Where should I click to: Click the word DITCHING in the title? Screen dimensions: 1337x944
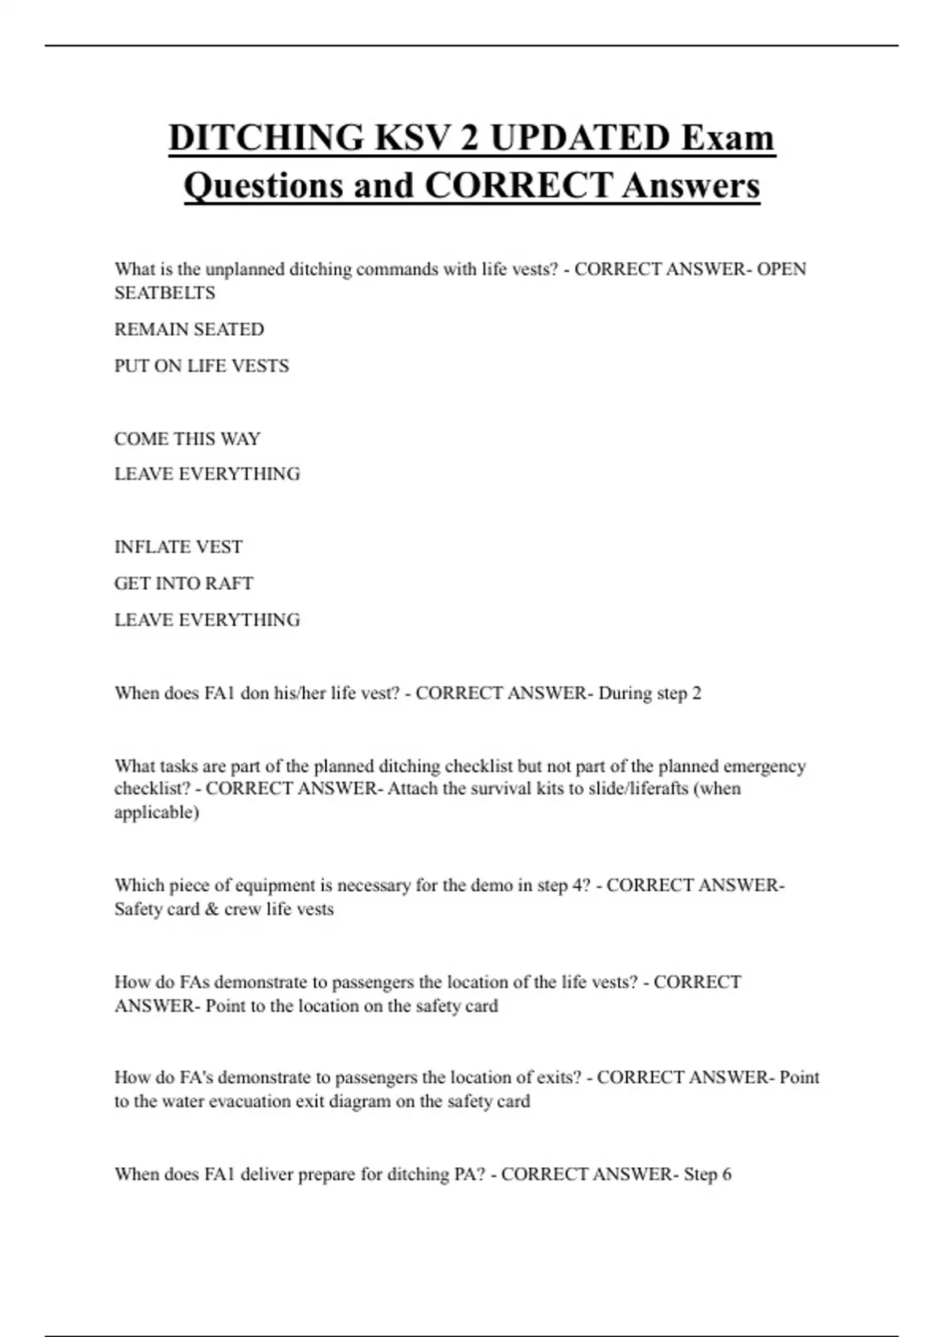[266, 138]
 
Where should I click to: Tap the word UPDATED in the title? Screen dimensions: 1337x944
[580, 138]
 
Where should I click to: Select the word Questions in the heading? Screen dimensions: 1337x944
[263, 186]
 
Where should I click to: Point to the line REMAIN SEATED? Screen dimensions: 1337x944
[189, 330]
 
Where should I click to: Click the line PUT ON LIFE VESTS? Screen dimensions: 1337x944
[201, 366]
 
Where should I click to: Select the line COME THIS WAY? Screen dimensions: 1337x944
[187, 439]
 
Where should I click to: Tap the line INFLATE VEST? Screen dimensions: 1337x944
[179, 547]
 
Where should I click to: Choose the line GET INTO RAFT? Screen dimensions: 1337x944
[183, 584]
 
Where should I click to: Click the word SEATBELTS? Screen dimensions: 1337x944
[164, 293]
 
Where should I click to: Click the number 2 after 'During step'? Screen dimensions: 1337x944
[696, 694]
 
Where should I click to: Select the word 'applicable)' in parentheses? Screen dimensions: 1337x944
[157, 812]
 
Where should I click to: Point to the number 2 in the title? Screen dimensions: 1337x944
[469, 138]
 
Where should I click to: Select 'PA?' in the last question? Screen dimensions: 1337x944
[470, 1174]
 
